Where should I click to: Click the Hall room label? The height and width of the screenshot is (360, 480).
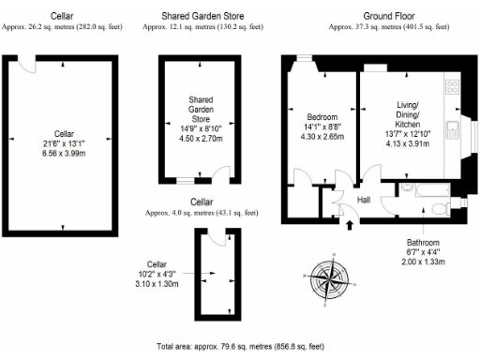tap(364, 200)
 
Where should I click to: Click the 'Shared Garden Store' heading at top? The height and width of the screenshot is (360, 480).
tap(198, 16)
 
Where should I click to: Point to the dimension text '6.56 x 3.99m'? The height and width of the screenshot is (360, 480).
tap(64, 154)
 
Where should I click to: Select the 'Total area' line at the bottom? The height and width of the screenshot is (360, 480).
tap(241, 347)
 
